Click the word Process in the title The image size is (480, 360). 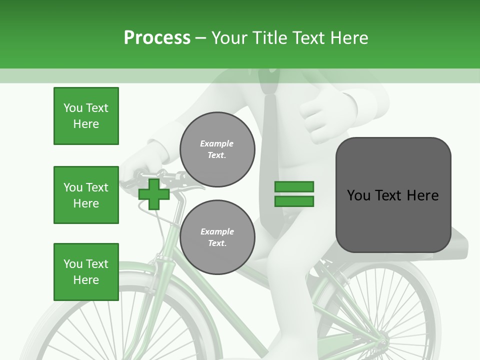point(157,38)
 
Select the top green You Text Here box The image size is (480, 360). point(86,116)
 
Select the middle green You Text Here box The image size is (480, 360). point(86,195)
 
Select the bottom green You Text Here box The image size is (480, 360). point(86,272)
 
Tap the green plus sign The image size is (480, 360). point(154,194)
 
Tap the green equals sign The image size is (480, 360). point(294,194)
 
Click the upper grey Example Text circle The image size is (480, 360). point(217,149)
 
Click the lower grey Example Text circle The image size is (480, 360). point(217,237)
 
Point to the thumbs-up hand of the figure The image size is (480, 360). point(325,112)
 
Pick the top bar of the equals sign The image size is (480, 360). point(294,187)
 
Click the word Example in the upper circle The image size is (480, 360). point(216,143)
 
